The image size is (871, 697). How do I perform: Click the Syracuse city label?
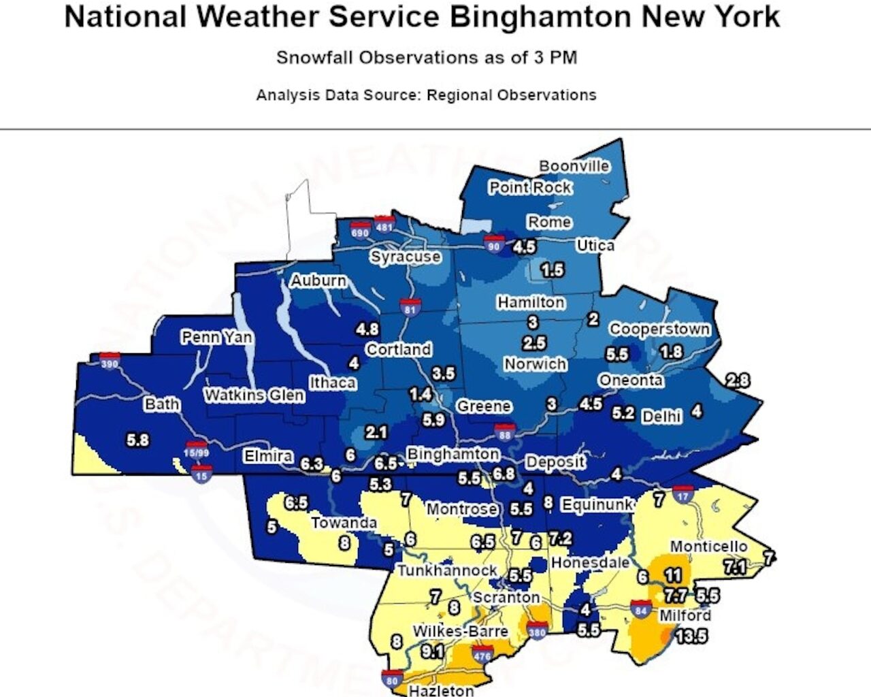point(406,257)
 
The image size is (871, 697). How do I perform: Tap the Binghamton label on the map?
point(453,454)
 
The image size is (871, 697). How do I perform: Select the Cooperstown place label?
point(659,329)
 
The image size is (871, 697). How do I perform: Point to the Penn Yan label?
point(216,337)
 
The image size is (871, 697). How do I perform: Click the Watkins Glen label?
point(254,395)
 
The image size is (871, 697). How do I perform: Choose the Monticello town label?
point(708,547)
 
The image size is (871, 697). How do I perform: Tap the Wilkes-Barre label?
point(460,632)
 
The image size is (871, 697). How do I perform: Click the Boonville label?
point(574,166)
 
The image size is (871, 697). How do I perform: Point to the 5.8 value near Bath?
point(137,440)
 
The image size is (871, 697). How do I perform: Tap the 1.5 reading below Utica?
point(552,270)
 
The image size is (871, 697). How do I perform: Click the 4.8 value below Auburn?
point(367,329)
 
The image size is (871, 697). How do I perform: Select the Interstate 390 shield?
point(110,361)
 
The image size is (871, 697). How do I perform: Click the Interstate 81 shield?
point(410,308)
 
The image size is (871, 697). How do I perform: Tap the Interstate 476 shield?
point(482,655)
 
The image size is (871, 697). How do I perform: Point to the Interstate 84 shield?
point(640,609)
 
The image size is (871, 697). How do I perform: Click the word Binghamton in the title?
point(541,17)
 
